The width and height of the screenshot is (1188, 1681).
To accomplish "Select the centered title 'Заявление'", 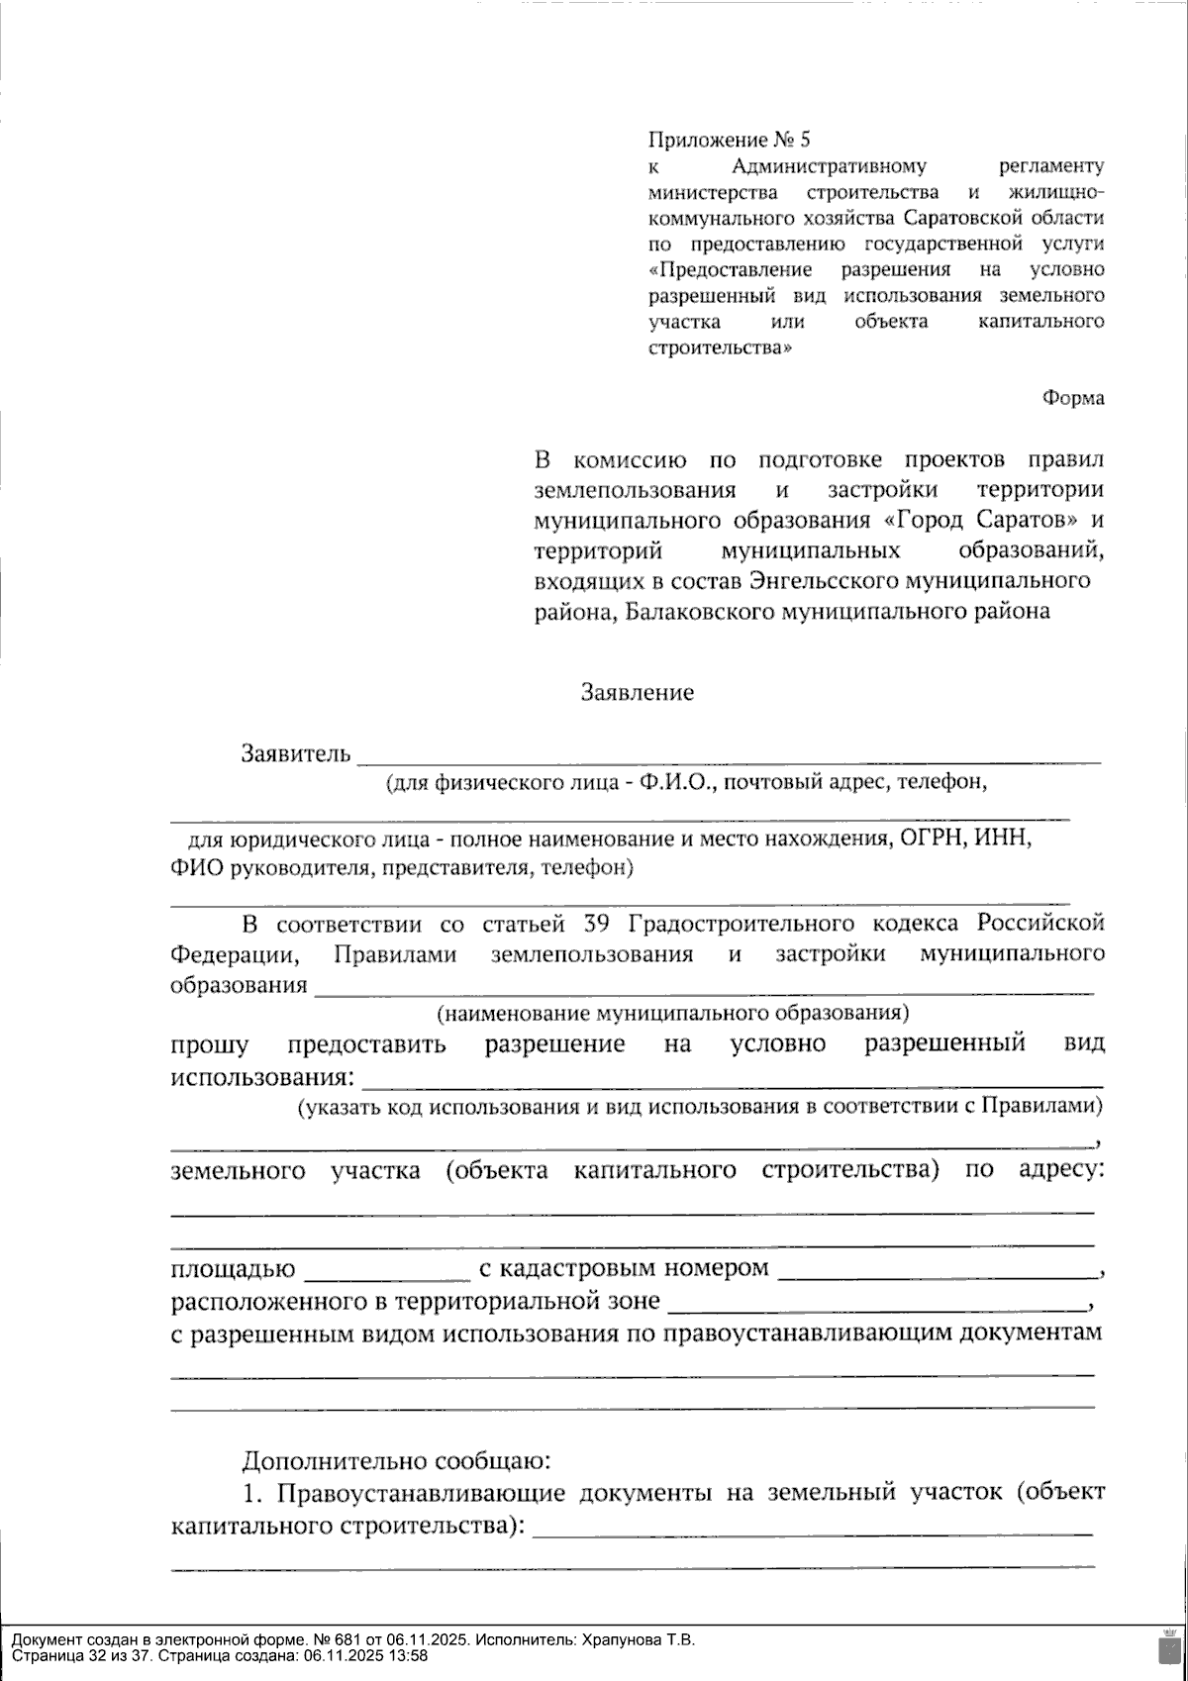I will pos(637,692).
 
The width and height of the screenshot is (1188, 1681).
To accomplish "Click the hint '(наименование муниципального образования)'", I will pos(672,1013).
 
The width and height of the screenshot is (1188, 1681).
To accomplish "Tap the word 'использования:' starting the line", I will pos(261,1077).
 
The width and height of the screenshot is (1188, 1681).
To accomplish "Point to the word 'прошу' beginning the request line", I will pos(210,1045).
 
